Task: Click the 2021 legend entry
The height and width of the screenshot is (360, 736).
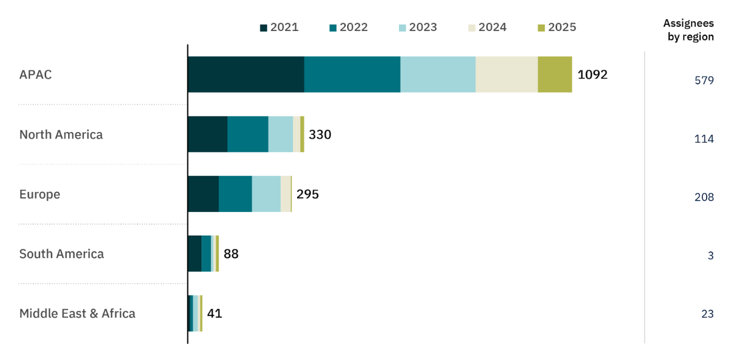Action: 279,27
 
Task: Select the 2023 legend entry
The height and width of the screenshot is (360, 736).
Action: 418,27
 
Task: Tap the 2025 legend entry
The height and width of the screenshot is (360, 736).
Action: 557,27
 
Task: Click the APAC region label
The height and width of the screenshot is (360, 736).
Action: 35,74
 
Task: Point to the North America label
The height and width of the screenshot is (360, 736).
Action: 61,134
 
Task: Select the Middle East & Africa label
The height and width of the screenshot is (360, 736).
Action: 77,313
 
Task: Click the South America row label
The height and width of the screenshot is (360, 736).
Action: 61,254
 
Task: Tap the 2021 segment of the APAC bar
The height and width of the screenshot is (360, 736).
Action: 246,74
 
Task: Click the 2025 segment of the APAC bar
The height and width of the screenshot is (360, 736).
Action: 555,74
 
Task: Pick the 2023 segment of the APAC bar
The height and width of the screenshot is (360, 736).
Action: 438,74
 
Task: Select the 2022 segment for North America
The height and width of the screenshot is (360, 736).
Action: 248,134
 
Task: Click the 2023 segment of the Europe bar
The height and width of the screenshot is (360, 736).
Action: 266,193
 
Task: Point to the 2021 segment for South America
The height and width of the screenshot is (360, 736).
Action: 195,253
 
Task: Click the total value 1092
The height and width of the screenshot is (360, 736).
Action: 593,74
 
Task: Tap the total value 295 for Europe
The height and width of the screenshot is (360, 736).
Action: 308,194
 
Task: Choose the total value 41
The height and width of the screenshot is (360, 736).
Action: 214,313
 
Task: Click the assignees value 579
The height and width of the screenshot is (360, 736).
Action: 704,80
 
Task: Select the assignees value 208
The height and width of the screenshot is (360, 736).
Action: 704,197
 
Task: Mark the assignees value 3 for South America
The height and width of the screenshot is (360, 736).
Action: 711,255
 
